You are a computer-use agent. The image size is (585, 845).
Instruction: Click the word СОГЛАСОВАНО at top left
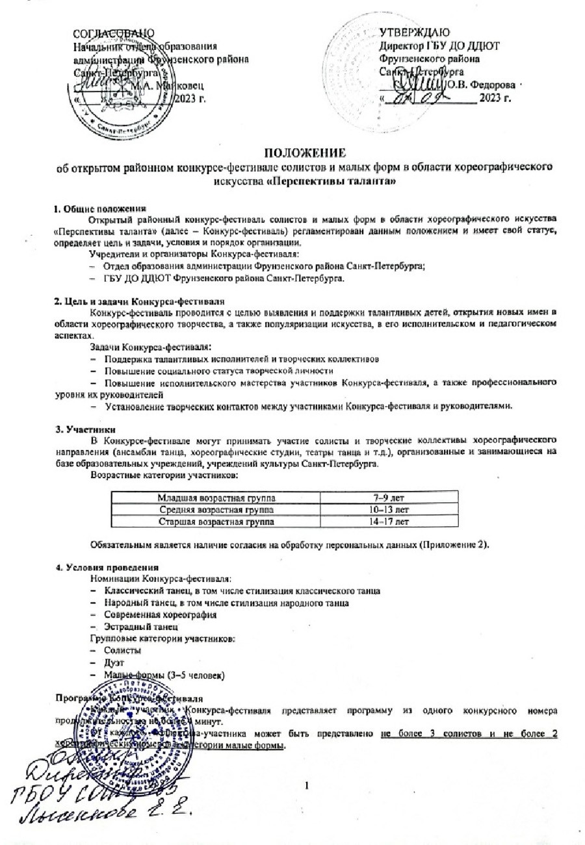(x=114, y=33)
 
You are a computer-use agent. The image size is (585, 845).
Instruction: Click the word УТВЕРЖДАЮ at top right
(x=417, y=32)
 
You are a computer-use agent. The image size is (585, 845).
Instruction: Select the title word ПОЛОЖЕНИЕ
(x=304, y=153)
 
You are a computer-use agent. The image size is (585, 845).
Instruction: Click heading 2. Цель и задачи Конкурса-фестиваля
(x=139, y=302)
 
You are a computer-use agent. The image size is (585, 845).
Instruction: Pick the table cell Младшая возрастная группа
(x=216, y=498)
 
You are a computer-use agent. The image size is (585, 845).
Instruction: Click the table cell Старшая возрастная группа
(x=216, y=521)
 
